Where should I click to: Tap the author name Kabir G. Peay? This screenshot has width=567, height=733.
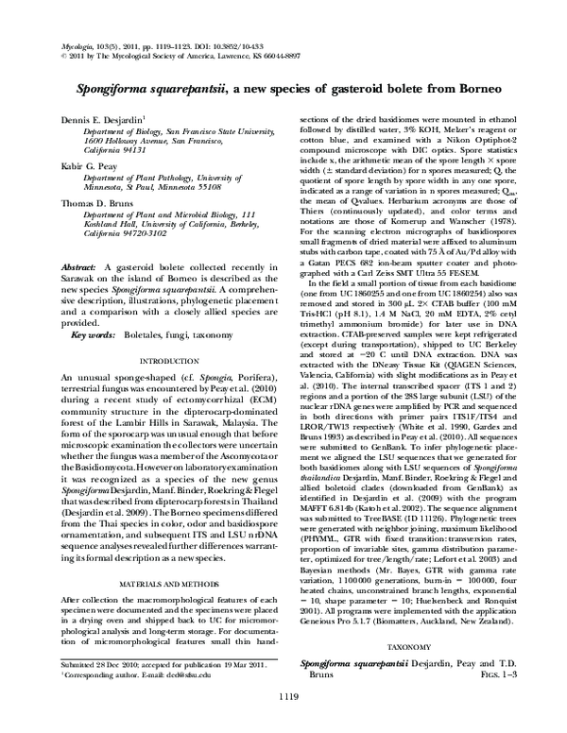point(86,165)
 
